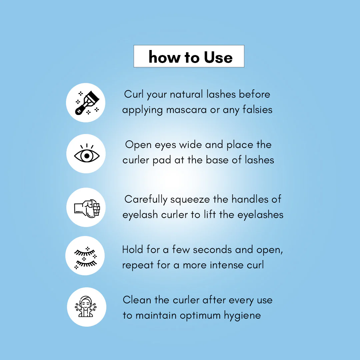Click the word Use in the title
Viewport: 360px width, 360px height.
tap(218, 57)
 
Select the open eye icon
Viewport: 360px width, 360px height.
tap(87, 153)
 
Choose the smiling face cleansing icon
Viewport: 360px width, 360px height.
tap(86, 307)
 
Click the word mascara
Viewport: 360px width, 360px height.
tap(186, 110)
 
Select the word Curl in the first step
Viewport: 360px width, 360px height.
tap(134, 94)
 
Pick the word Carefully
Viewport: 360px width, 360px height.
tap(146, 200)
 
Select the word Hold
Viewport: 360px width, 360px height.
tap(132, 249)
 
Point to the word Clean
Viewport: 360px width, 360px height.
tap(137, 300)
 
